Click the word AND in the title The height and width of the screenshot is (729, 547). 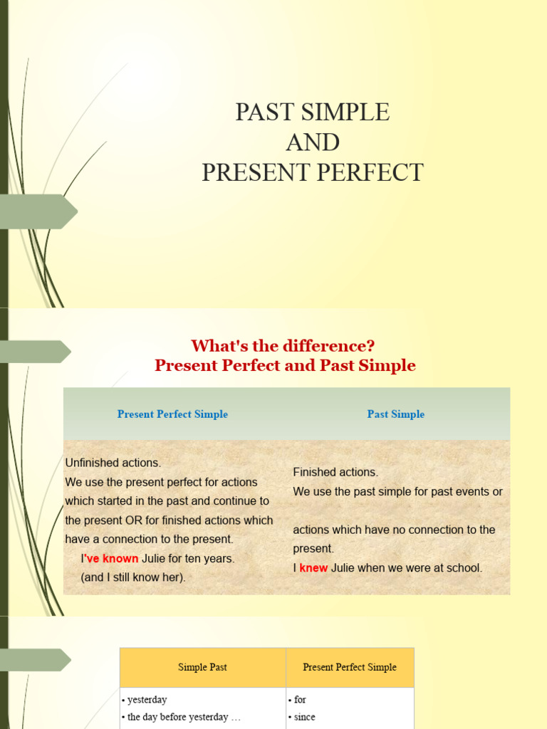pos(313,142)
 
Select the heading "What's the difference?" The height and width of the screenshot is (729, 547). pos(283,346)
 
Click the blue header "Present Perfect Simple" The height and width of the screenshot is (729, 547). pos(172,414)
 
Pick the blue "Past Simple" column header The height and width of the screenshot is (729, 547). pos(395,414)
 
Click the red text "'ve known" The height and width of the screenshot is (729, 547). pos(112,559)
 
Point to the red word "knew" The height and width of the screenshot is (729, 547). pos(313,568)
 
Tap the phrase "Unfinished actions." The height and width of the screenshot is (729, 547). pos(113,463)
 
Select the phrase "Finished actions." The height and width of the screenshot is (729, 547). pos(335,472)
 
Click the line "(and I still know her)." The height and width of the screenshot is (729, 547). pos(133,577)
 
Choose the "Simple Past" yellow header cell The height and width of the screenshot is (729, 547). pos(203,667)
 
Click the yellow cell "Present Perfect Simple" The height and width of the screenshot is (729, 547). pos(350,667)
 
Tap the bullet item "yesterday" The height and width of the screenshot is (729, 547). pos(147,700)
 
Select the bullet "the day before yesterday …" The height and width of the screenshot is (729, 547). pos(184,717)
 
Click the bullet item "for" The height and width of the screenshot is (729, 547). pos(300,700)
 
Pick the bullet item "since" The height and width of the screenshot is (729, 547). pos(304,717)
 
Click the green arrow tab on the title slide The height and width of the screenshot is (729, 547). pos(39,211)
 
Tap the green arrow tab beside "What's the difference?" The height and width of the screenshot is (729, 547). pos(36,352)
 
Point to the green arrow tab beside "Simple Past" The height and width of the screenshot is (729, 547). pos(36,660)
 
